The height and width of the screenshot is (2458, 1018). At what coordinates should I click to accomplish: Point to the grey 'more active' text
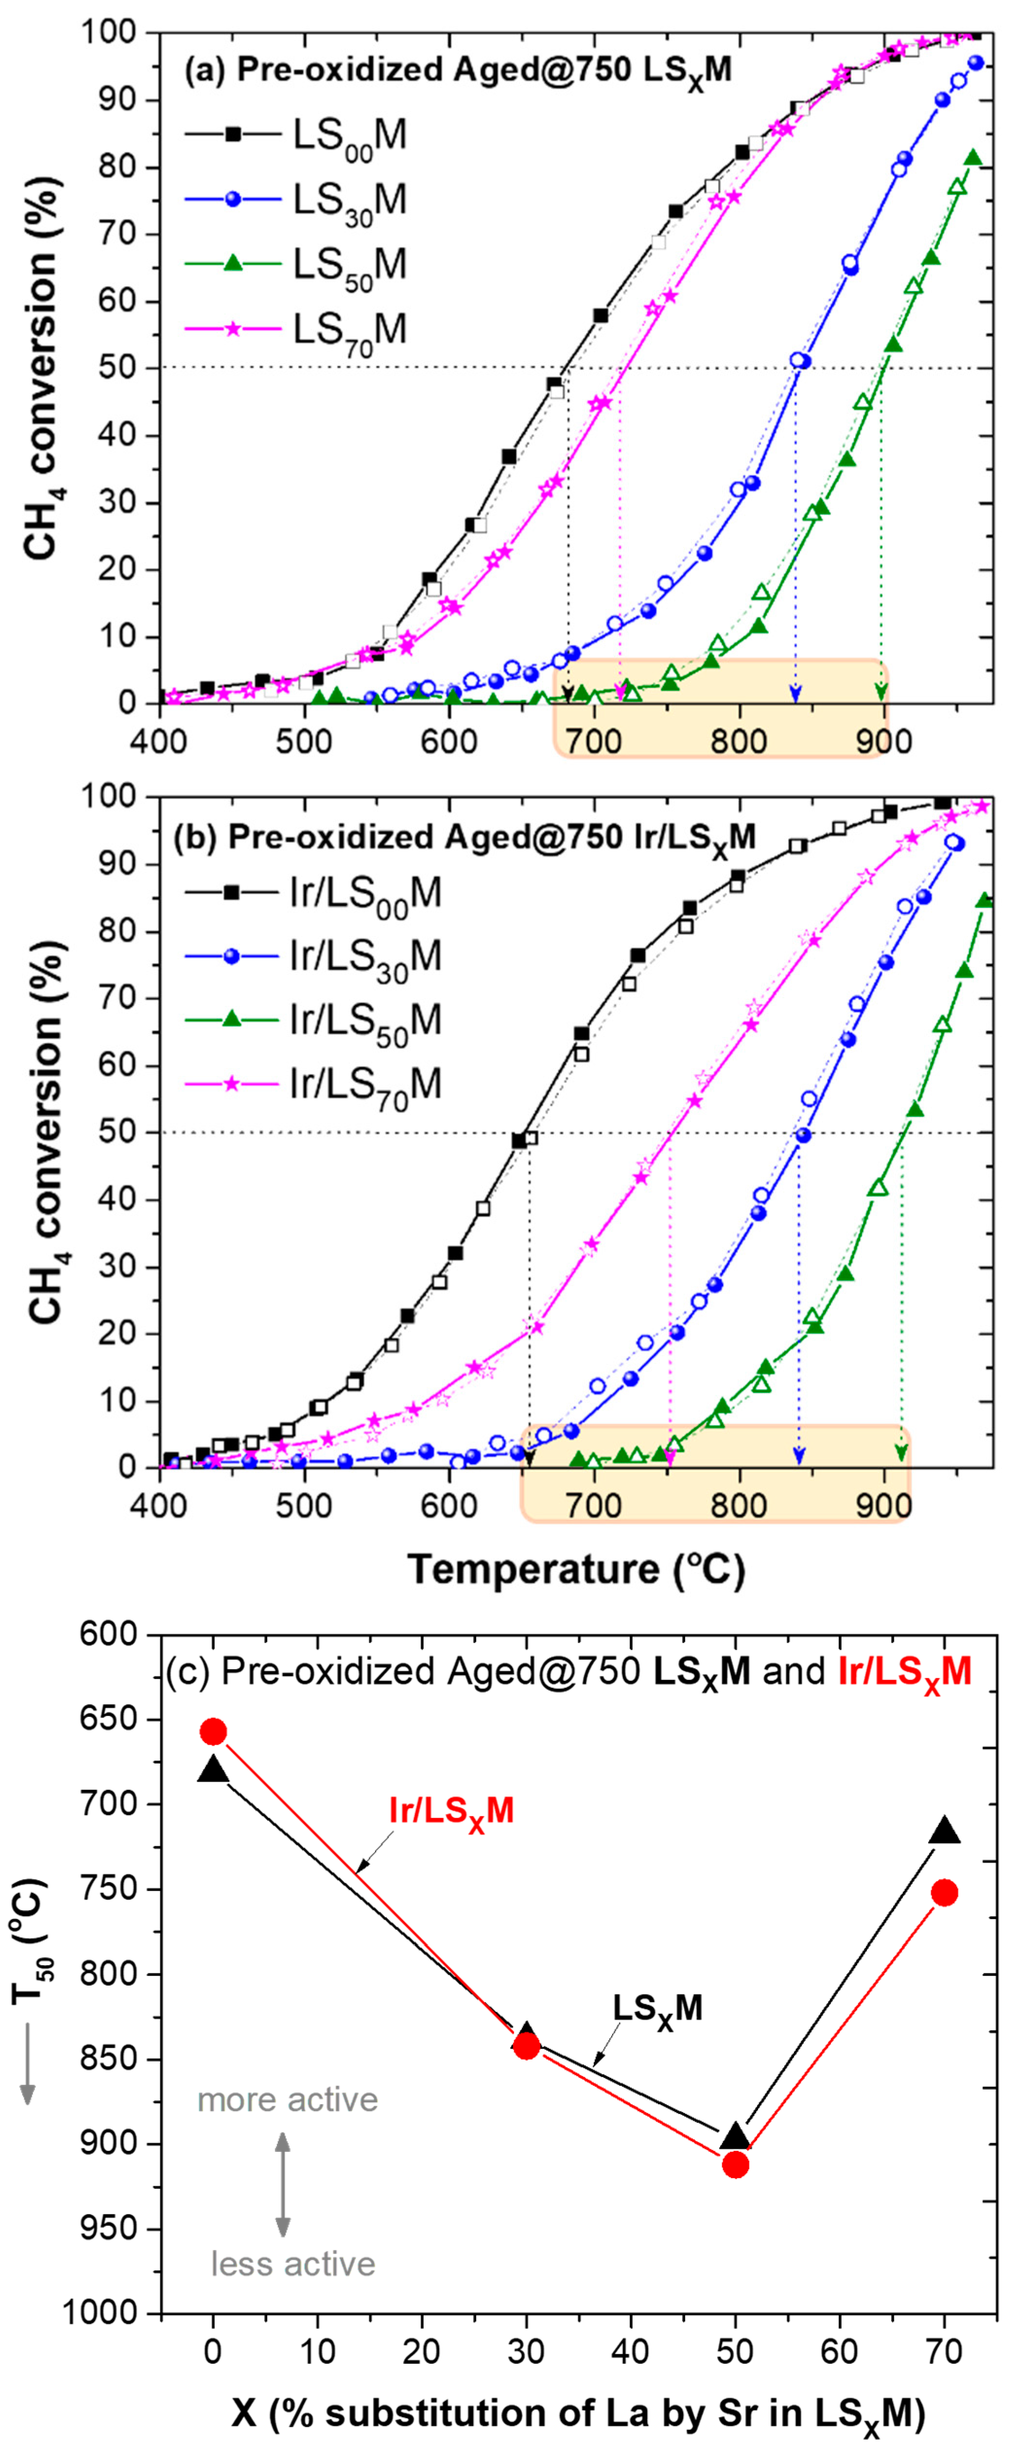click(x=287, y=2099)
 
